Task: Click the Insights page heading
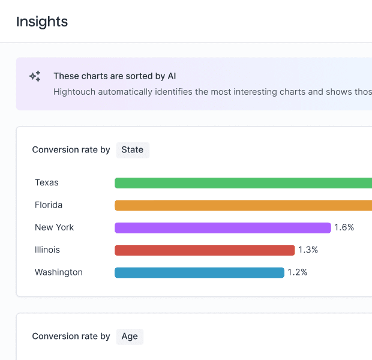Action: (41, 22)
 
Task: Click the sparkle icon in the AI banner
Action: (35, 76)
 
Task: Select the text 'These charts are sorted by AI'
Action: (114, 76)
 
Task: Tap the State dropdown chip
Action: (132, 149)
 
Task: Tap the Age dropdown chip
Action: (130, 336)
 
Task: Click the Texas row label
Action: (47, 182)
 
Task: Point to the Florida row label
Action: (49, 205)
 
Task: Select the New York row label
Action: (55, 227)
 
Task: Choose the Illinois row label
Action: (47, 250)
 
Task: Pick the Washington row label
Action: (59, 272)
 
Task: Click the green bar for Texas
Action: (243, 183)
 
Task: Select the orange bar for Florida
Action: (243, 205)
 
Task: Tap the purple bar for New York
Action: (223, 228)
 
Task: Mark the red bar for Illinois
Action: (205, 250)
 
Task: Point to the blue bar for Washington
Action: (199, 272)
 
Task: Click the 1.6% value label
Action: (344, 227)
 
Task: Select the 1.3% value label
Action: (308, 250)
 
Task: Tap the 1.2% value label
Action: (297, 272)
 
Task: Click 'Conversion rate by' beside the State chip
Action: (71, 149)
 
